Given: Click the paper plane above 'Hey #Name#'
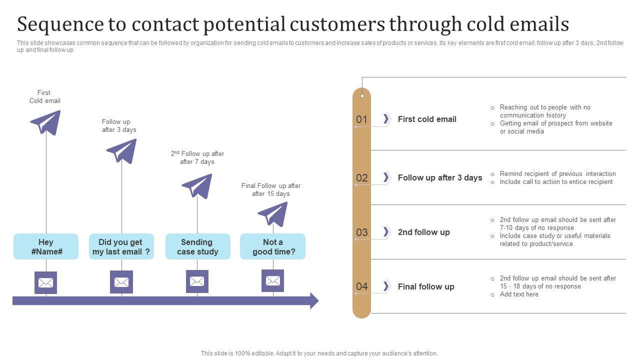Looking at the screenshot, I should point(45,122).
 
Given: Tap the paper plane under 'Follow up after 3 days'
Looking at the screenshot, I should point(121,150).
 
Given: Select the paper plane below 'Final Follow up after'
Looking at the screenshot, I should point(273,213).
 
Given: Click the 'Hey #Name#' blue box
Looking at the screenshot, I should point(46,246).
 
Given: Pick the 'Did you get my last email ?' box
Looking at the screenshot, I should point(121,246).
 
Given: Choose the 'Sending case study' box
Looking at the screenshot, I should point(197,246).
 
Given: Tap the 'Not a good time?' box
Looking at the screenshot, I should point(273,246).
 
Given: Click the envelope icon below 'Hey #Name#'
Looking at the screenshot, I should point(46,282).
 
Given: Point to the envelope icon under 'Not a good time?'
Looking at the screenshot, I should point(273,281).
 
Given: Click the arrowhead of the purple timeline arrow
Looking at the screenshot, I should point(314,300).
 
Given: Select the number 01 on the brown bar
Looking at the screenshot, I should point(361,119).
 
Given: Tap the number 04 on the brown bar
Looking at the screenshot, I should point(361,286).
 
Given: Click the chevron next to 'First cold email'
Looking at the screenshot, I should point(386,119).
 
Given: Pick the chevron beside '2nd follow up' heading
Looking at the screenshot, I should point(386,231).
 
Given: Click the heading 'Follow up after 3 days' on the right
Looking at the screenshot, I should point(440,177).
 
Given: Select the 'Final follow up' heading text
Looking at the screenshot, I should point(426,286).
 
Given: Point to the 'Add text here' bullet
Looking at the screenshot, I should point(519,294).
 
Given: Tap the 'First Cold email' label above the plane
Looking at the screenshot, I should point(44,96).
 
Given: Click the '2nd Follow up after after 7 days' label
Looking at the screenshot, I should point(197,157).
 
